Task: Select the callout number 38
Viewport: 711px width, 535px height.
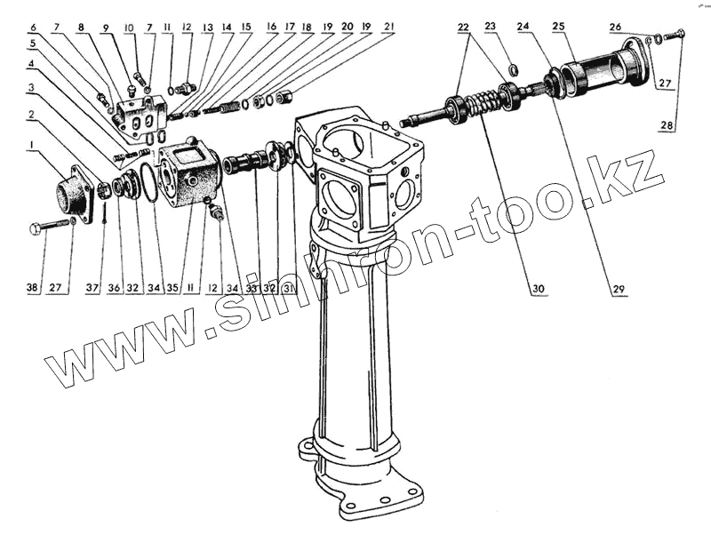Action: (x=32, y=288)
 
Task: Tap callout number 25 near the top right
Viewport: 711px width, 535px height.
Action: (x=558, y=27)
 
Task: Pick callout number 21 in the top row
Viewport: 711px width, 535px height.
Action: (x=387, y=27)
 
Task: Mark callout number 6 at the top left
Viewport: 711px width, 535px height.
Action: (x=32, y=27)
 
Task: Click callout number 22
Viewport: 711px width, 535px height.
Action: (x=463, y=27)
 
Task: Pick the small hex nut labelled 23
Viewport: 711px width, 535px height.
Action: (x=514, y=69)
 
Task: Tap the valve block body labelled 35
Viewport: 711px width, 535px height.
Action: (x=188, y=173)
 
